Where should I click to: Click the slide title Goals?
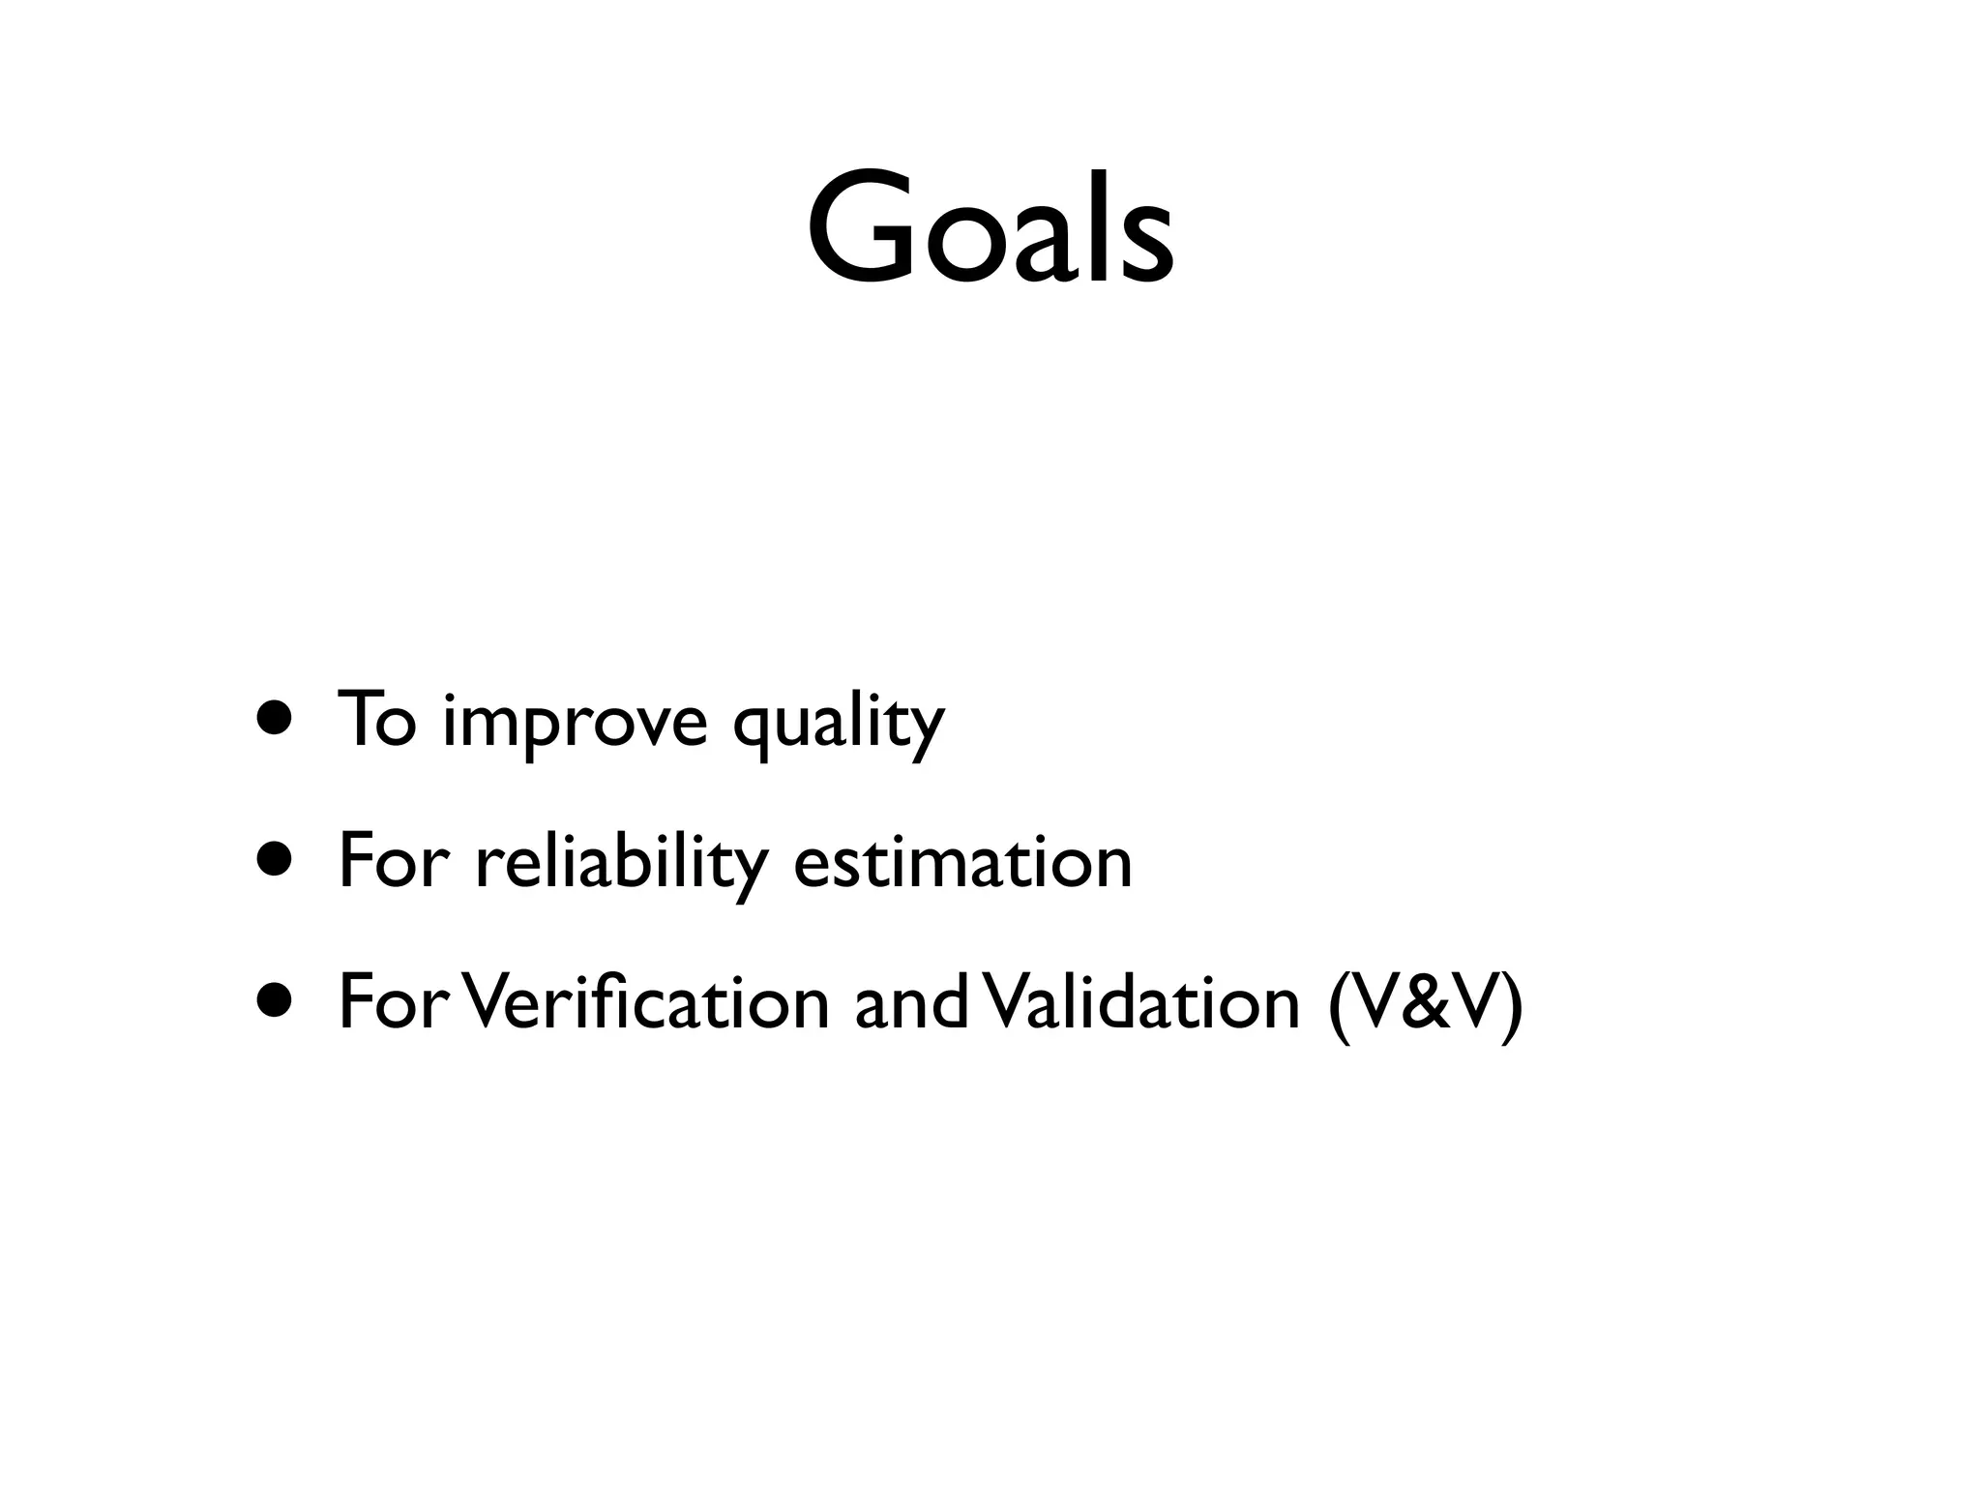click(x=990, y=229)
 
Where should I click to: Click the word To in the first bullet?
click(x=376, y=720)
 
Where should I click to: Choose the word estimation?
click(x=961, y=861)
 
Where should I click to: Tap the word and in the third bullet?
click(x=909, y=1003)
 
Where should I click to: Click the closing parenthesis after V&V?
click(x=1512, y=1006)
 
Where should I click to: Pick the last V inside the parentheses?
click(x=1475, y=1004)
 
